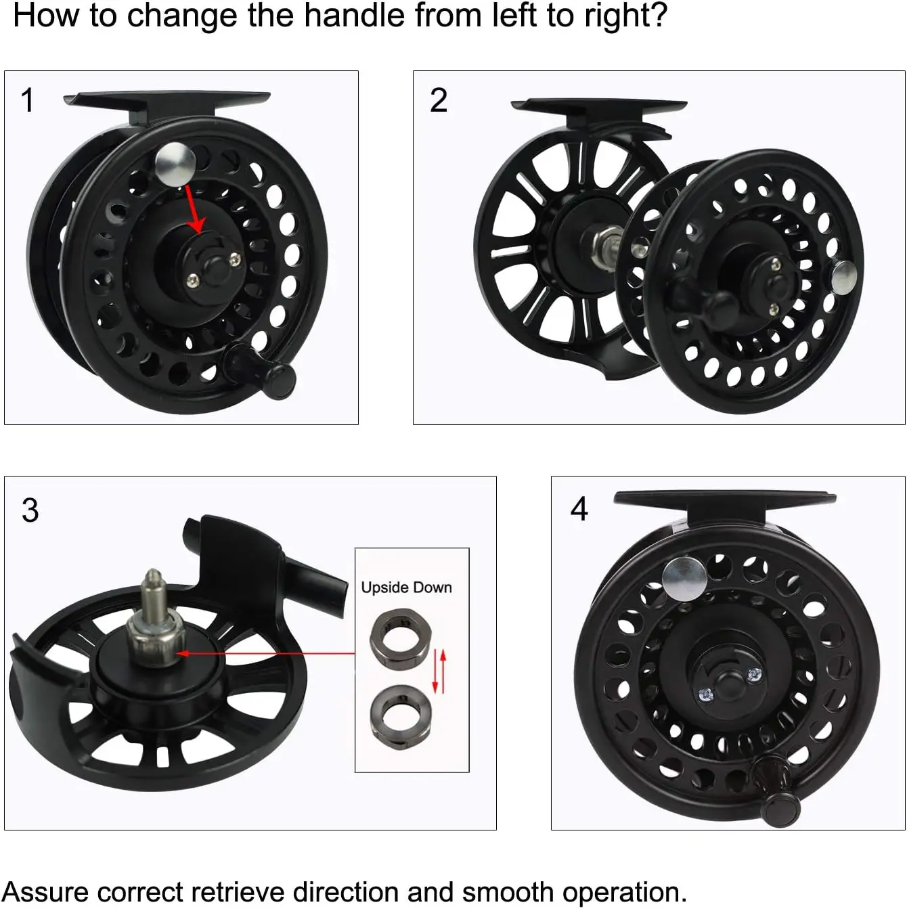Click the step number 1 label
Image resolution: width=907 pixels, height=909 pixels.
[x=27, y=101]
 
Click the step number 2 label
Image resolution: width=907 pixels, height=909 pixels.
[x=439, y=101]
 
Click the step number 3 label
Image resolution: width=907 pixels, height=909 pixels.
[x=30, y=510]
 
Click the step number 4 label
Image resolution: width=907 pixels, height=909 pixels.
[x=579, y=509]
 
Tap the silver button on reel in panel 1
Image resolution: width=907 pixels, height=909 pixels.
[x=175, y=164]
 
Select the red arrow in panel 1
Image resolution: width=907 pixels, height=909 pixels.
[x=195, y=210]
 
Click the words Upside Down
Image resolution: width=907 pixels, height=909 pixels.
[x=406, y=587]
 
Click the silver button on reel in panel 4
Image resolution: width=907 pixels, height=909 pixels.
[x=684, y=578]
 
